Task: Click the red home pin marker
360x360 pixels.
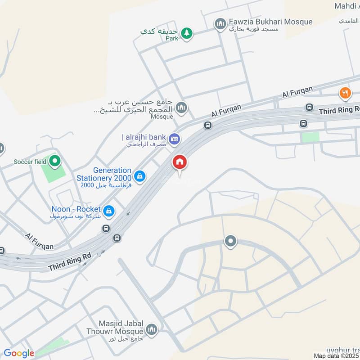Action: (180, 162)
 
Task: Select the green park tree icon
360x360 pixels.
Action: (187, 32)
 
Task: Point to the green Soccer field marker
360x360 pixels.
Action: (55, 160)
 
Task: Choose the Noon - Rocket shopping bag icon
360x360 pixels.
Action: (108, 210)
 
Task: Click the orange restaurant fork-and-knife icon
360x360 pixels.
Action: (345, 93)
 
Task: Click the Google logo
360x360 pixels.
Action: (19, 353)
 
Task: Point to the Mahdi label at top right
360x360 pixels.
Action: (346, 6)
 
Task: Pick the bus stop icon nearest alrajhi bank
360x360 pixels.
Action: (207, 125)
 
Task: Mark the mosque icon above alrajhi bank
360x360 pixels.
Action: (181, 108)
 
